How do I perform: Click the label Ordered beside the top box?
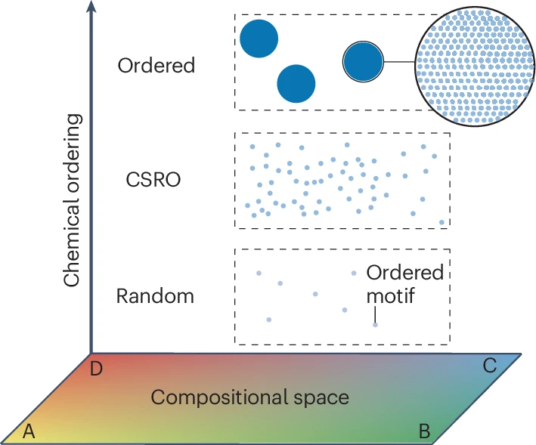pyautogui.click(x=156, y=66)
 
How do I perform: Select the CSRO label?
pyautogui.click(x=153, y=181)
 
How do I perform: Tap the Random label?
pyautogui.click(x=155, y=295)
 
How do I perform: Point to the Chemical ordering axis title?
pyautogui.click(x=72, y=200)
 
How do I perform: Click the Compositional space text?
pyautogui.click(x=249, y=397)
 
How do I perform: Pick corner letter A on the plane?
pyautogui.click(x=29, y=431)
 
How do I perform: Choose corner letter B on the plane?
pyautogui.click(x=424, y=431)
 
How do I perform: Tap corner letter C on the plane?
pyautogui.click(x=489, y=366)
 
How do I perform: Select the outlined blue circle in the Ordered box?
pyautogui.click(x=363, y=61)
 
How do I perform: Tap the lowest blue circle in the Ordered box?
pyautogui.click(x=296, y=83)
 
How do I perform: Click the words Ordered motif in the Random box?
pyautogui.click(x=404, y=283)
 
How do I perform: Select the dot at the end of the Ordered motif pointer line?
pyautogui.click(x=375, y=324)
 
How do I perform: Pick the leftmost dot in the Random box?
pyautogui.click(x=259, y=273)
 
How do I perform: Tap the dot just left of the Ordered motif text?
pyautogui.click(x=353, y=273)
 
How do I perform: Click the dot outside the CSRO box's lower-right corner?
pyautogui.click(x=442, y=222)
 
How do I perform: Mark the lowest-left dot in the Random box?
pyautogui.click(x=268, y=320)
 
